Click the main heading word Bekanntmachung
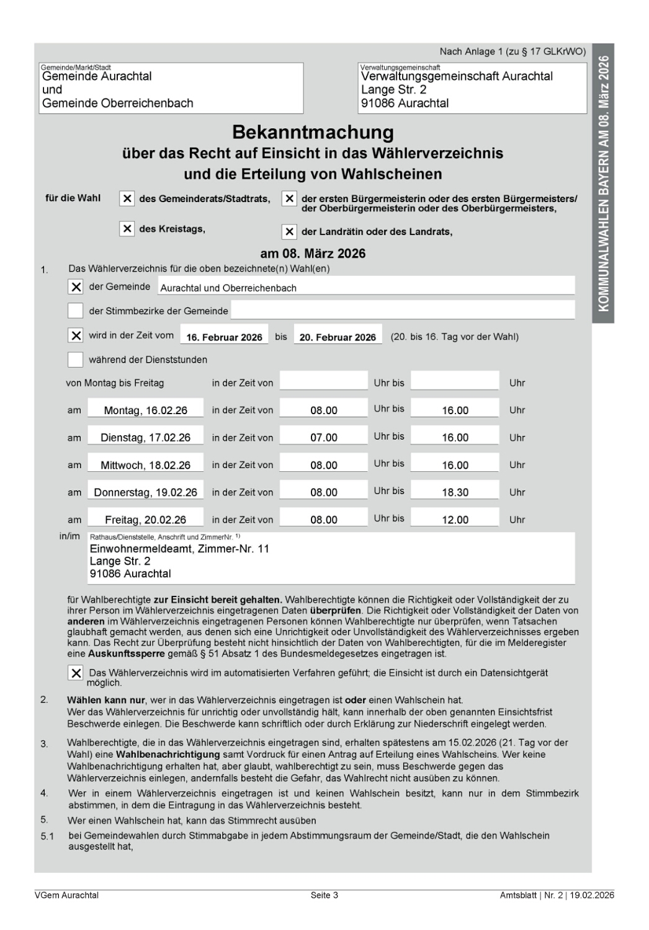point(313,132)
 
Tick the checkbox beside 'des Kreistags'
point(127,229)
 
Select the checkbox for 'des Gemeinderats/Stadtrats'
point(127,198)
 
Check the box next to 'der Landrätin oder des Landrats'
point(289,232)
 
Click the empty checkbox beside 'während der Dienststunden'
point(75,360)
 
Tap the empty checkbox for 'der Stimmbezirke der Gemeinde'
point(75,311)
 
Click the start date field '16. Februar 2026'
point(224,337)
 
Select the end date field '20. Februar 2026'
point(338,337)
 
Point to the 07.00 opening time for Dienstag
point(324,438)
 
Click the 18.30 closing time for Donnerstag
point(455,492)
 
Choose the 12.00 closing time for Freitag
point(455,520)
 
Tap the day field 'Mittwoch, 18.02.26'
point(145,465)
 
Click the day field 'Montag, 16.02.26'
point(145,410)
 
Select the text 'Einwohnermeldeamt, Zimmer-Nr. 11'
point(179,549)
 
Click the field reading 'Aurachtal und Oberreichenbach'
point(228,288)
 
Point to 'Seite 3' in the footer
point(324,895)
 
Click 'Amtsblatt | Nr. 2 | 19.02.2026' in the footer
point(557,895)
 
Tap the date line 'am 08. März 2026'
point(313,254)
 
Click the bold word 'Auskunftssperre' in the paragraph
point(127,653)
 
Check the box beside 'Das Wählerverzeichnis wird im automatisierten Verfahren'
point(75,673)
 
